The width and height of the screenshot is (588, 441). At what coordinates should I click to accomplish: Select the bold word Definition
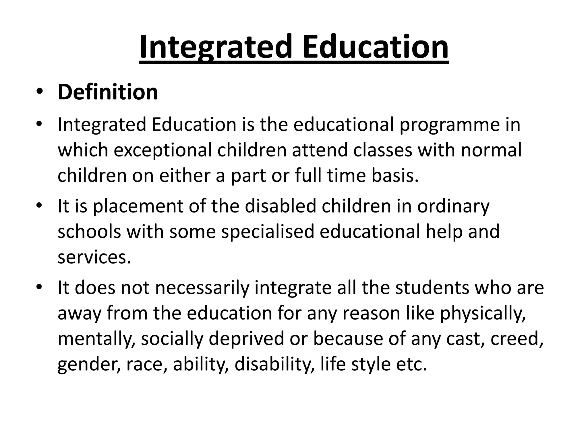pos(108,92)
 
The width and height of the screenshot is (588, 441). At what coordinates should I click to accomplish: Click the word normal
pos(491,150)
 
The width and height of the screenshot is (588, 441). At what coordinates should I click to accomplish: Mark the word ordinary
pos(454,206)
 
